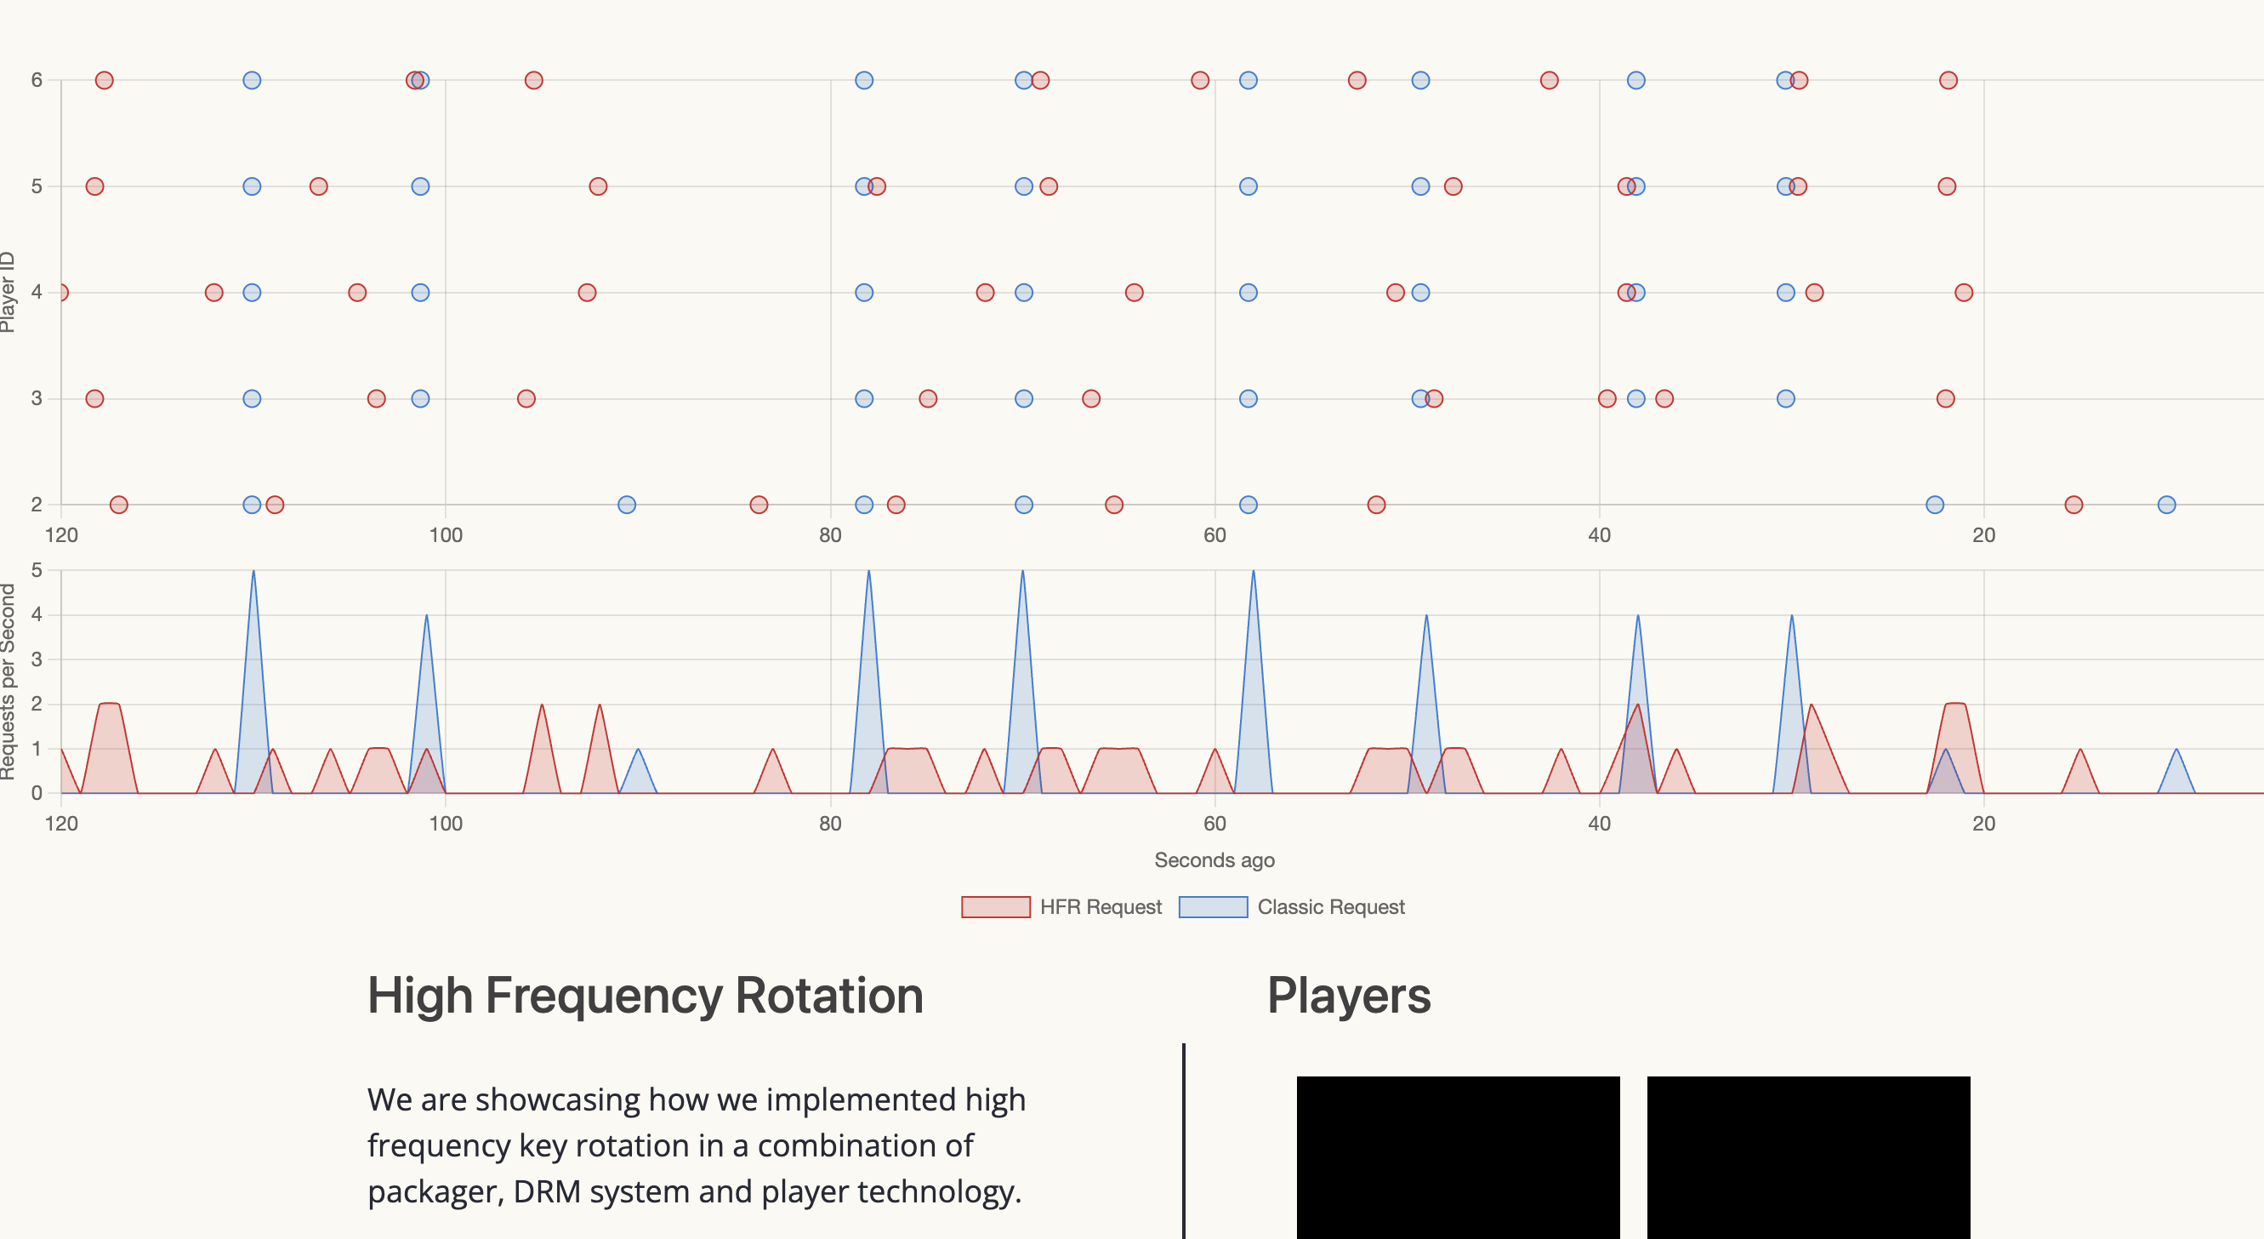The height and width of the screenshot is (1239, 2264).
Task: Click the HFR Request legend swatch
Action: coord(995,906)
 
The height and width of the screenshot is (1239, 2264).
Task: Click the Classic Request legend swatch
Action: coord(1212,906)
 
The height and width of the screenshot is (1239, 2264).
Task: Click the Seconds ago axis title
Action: coord(1214,860)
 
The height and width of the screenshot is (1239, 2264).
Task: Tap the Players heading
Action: coord(1348,996)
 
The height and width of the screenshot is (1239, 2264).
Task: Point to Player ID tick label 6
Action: coord(36,80)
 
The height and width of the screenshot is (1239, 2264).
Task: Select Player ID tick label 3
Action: coord(36,398)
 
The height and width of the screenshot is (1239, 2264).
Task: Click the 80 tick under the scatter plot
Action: coord(830,534)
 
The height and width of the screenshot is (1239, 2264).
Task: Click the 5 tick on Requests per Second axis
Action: coord(36,570)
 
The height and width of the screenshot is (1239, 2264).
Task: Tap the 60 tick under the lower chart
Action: coord(1214,823)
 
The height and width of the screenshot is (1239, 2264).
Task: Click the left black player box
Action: coord(1457,1156)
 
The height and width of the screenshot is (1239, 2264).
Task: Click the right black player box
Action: coord(1808,1156)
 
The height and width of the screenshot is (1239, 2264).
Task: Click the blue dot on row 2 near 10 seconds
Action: coord(2166,505)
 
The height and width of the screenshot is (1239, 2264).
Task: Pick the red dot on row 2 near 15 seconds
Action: coord(2073,505)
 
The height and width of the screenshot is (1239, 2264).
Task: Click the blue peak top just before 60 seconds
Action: coord(1253,573)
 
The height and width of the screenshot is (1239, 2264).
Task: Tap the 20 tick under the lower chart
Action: coord(1982,823)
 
